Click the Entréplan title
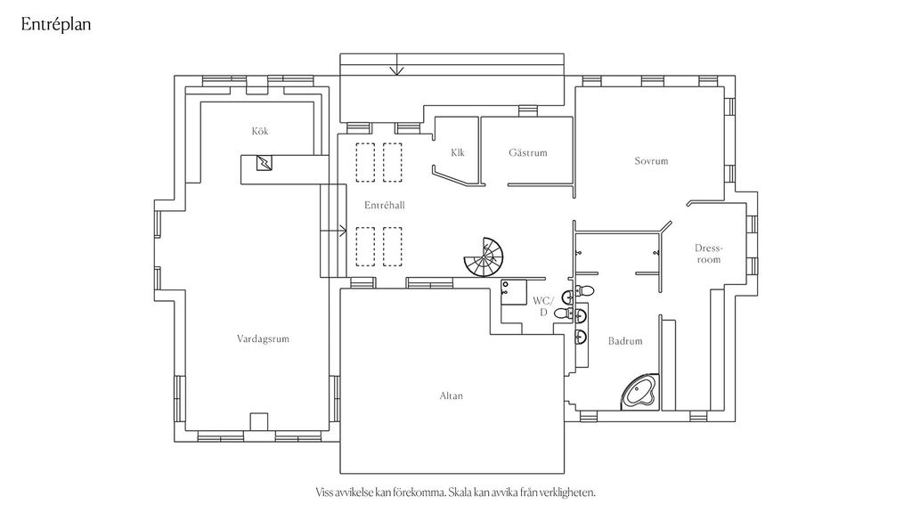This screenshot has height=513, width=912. pos(56,24)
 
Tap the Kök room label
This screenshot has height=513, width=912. pos(260,131)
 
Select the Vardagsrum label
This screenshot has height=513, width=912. pos(263,338)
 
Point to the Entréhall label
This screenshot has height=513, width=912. pos(385,205)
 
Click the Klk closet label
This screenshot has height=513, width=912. pos(458,152)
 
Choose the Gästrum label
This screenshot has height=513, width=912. pos(528,152)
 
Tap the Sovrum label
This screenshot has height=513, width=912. pos(651,160)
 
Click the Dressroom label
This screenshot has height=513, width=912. pos(708,254)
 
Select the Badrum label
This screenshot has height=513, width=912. pos(625,341)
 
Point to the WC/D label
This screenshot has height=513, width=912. pos(543,306)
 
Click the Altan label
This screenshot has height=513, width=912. pos(452,395)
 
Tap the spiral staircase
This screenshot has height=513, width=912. pos(485,257)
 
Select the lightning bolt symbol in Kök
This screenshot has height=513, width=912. pos(265,163)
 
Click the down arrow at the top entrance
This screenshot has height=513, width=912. pos(396,64)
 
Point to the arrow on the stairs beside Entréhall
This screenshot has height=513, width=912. pos(333,231)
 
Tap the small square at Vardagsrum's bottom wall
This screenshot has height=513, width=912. pos(259,421)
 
